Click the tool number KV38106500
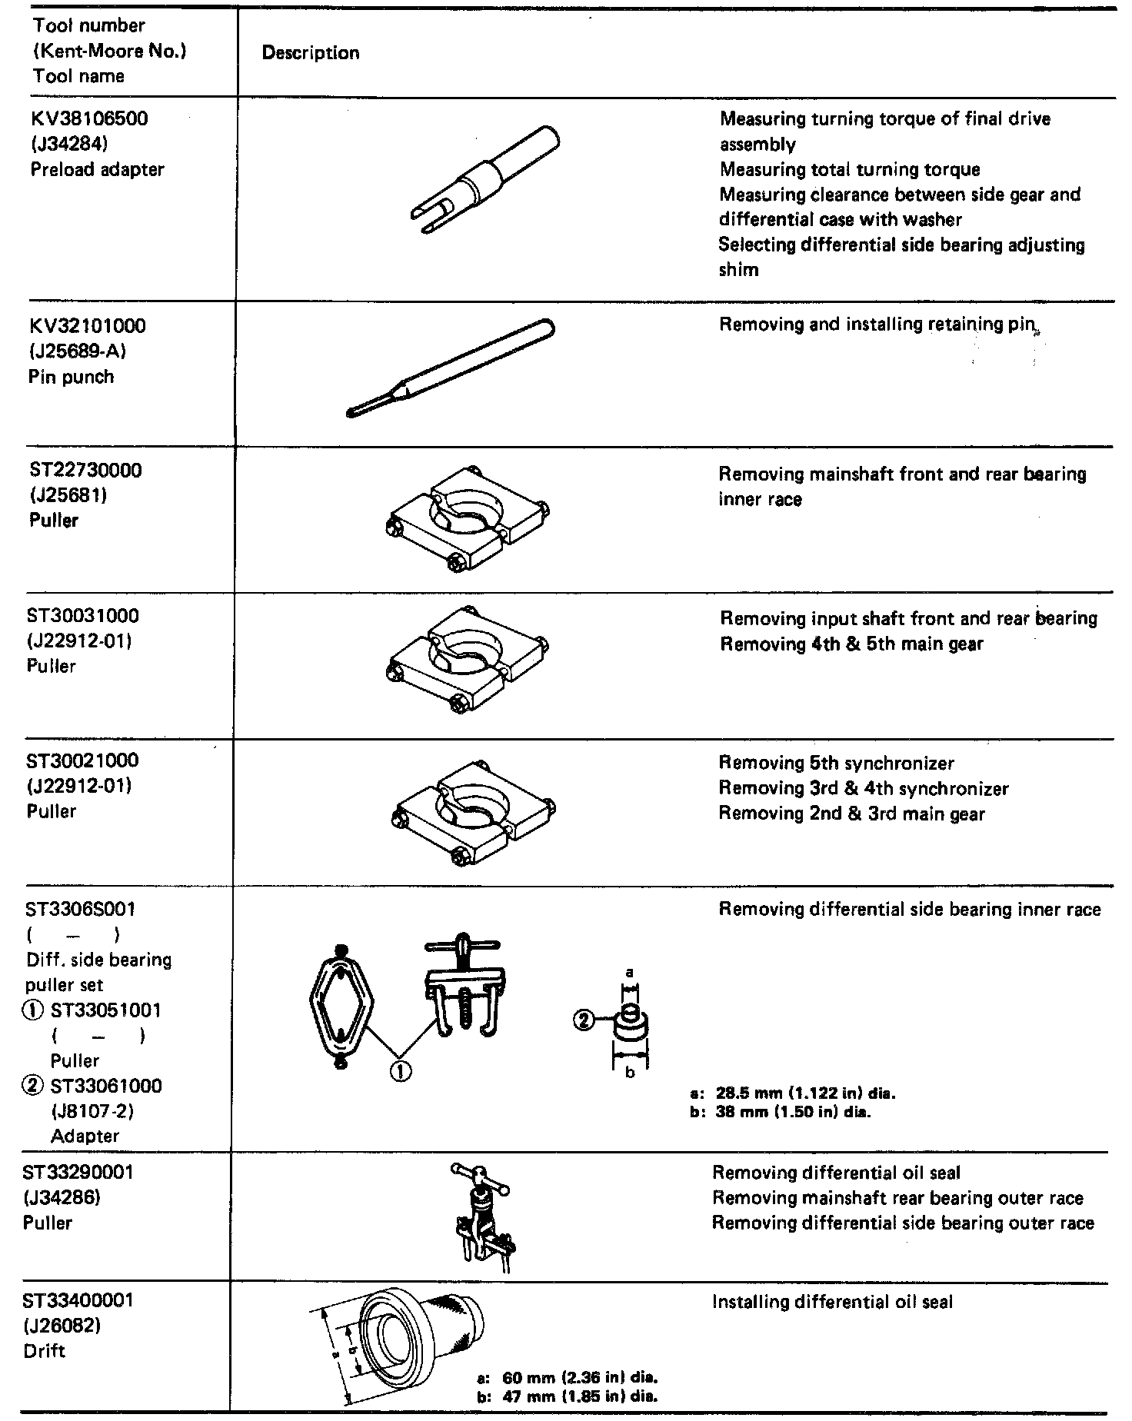coord(89,119)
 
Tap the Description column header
coord(311,53)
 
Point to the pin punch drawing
coord(450,368)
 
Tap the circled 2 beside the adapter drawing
coord(584,1020)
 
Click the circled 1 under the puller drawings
coord(401,1071)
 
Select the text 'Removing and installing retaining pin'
coord(876,324)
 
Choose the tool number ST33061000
coord(106,1086)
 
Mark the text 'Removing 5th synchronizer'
coord(836,764)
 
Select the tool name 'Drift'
coord(45,1350)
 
